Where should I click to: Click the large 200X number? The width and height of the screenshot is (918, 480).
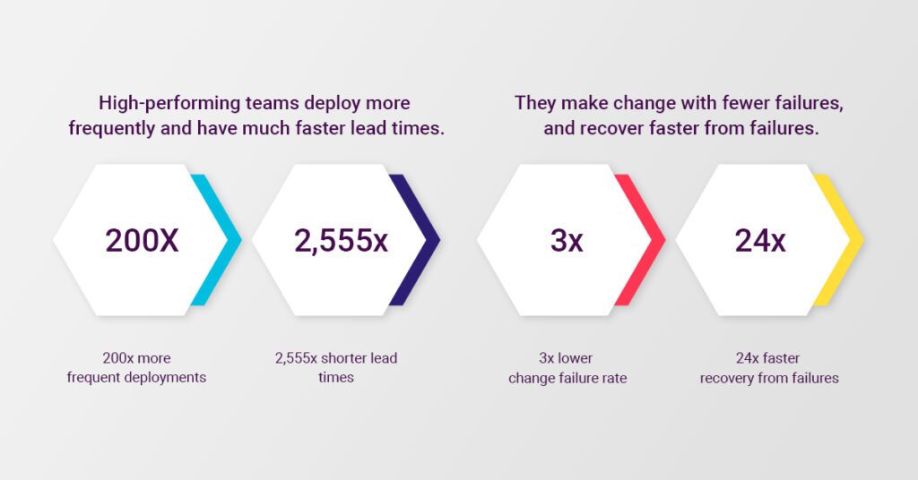point(142,240)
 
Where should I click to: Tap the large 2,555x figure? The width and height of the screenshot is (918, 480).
point(341,241)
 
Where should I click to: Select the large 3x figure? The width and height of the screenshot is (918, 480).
point(567,240)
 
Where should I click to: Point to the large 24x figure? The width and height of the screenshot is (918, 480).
point(760,240)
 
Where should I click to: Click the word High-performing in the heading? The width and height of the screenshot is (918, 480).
point(169,104)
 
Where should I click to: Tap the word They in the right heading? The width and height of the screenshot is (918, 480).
point(534,103)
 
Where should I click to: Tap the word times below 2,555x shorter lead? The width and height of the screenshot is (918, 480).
point(336,378)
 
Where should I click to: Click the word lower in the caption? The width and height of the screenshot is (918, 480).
point(575,358)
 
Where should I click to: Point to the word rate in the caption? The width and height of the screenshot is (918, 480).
point(615,378)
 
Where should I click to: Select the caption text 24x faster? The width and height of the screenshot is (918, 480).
point(767,358)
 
